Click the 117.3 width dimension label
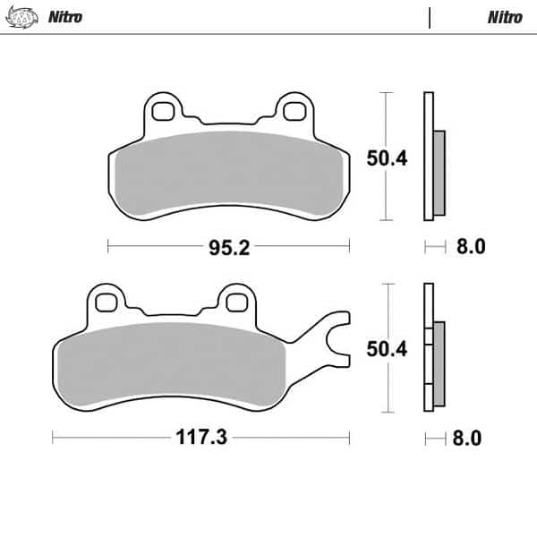coord(200,438)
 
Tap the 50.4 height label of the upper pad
coord(388,158)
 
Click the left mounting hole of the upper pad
coord(162,110)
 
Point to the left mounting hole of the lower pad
coord(107,301)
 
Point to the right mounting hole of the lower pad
coord(236,301)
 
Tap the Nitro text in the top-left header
coord(64,17)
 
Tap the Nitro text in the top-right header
coord(504,17)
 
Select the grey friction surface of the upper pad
coord(228,170)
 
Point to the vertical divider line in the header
coord(430,17)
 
